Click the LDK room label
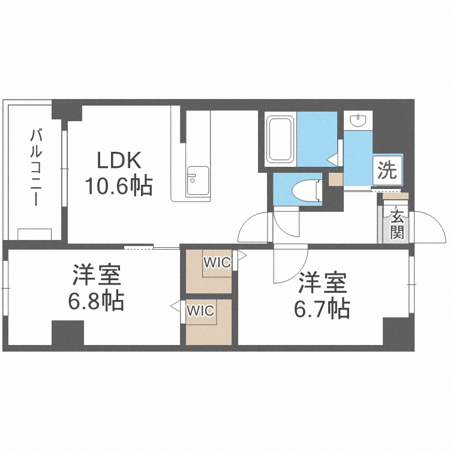pyautogui.click(x=119, y=160)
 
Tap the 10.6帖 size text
pyautogui.click(x=119, y=186)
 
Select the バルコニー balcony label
pyautogui.click(x=36, y=167)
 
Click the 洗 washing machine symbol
pyautogui.click(x=387, y=170)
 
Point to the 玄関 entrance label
pyautogui.click(x=397, y=224)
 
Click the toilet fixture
pyautogui.click(x=306, y=190)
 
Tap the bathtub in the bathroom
pyautogui.click(x=280, y=139)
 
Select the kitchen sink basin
pyautogui.click(x=198, y=181)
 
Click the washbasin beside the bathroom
pyautogui.click(x=358, y=120)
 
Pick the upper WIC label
pyautogui.click(x=217, y=262)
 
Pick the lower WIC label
pyautogui.click(x=200, y=311)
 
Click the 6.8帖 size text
pyautogui.click(x=96, y=301)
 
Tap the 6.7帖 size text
pyautogui.click(x=322, y=309)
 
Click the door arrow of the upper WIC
pyautogui.click(x=242, y=255)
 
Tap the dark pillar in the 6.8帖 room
pyautogui.click(x=68, y=333)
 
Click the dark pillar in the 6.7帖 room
pyautogui.click(x=396, y=332)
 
